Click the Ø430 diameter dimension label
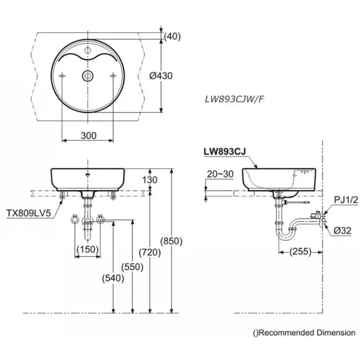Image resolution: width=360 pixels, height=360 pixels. point(161,76)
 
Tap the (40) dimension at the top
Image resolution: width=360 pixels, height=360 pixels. point(172,36)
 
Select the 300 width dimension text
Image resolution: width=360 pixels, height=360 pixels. point(88,136)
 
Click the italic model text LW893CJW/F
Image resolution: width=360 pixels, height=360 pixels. point(234,99)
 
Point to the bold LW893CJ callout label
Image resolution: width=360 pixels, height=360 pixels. point(225,152)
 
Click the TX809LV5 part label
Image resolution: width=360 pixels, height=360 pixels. point(28,213)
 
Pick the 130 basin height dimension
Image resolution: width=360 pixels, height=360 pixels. point(150,180)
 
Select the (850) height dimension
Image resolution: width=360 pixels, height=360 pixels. point(171,241)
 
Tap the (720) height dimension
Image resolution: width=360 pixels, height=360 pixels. point(150,252)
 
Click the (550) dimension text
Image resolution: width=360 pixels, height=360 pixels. point(132,267)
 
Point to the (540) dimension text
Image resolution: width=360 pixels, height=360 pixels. point(113,278)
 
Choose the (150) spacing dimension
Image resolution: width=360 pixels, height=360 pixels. point(87,249)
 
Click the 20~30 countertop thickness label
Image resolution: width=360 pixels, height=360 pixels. point(220,174)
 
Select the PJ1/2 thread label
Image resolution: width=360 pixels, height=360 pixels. point(346,200)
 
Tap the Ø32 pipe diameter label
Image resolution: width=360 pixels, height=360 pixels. point(342,230)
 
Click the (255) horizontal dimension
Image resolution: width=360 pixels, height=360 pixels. point(300,252)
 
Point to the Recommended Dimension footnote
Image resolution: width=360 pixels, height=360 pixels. point(304,333)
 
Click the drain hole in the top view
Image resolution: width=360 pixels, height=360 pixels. point(88,75)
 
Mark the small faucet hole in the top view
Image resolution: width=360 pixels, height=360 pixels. point(88,50)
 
